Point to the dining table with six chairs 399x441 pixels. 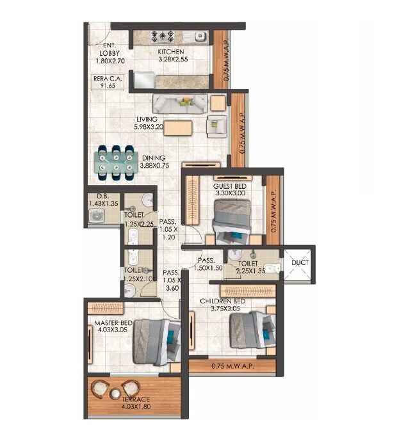116,163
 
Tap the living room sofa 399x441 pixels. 179,103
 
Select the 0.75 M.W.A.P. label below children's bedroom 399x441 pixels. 232,367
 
